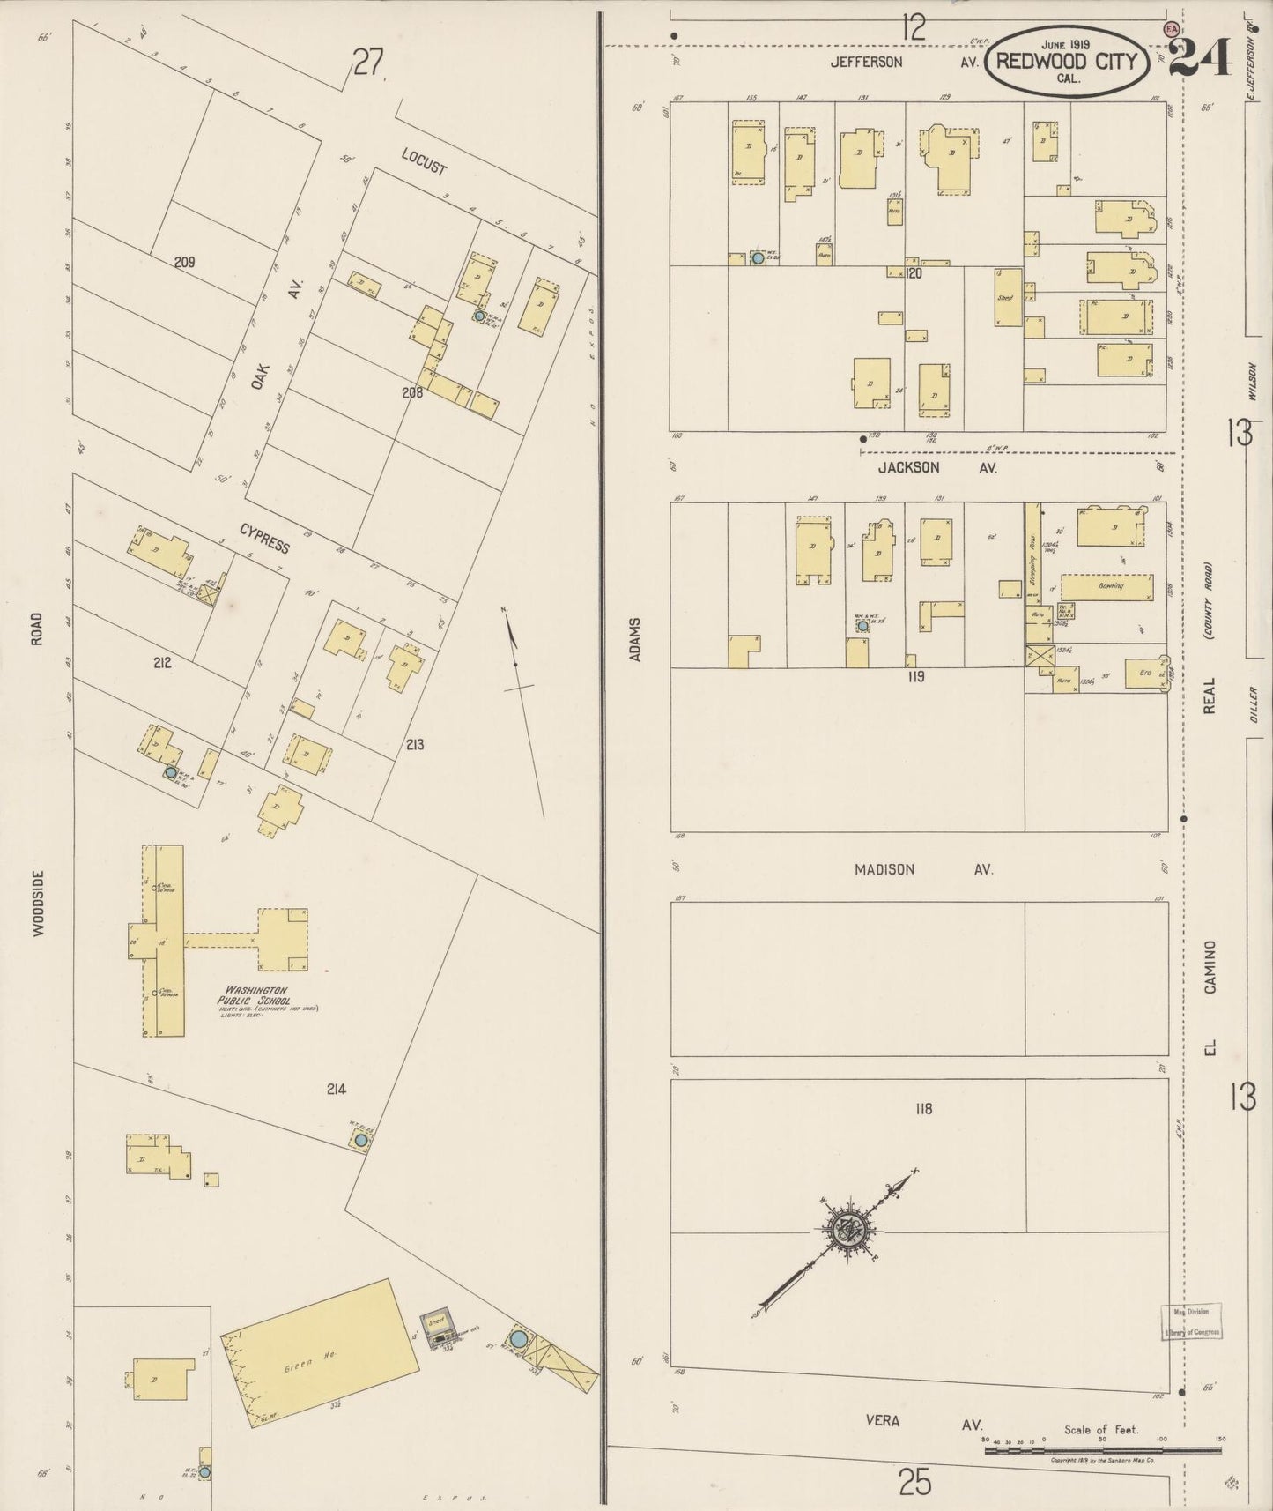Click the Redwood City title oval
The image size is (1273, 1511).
point(1066,60)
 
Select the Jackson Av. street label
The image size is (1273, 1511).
point(936,468)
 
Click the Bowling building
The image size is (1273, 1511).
point(1106,587)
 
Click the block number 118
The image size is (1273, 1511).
point(922,1108)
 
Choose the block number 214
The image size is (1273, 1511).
point(336,1089)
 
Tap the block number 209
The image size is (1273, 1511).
point(184,262)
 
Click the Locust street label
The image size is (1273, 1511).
point(424,161)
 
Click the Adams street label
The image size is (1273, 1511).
point(634,639)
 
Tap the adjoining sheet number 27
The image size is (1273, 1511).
point(369,63)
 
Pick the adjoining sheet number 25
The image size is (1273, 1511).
point(915,1483)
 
